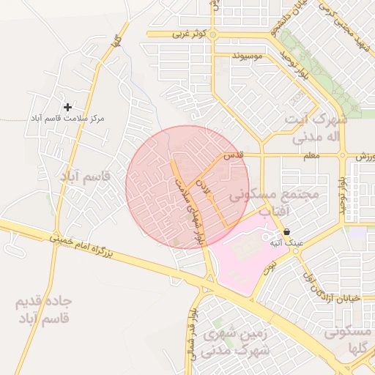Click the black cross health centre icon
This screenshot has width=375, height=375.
pos(68,107)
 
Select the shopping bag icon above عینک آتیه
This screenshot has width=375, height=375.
pos(286,231)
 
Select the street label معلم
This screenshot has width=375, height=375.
pos(311,155)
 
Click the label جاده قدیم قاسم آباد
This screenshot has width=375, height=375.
pos(43,311)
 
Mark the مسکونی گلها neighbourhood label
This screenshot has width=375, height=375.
pos(347,340)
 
